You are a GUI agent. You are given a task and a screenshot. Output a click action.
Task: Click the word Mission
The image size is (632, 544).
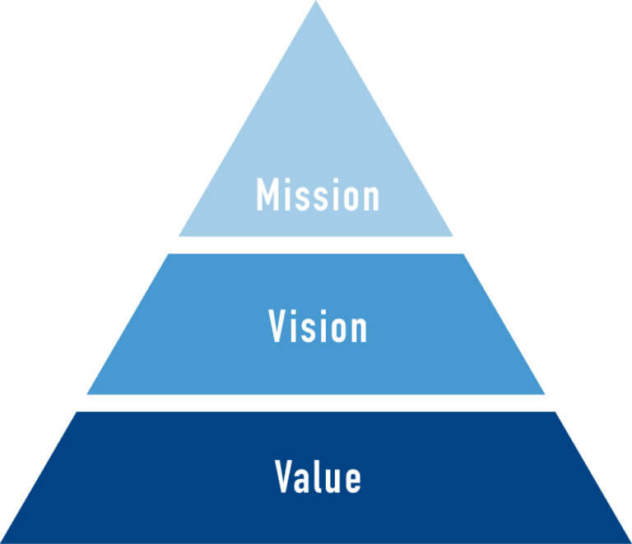pos(318,194)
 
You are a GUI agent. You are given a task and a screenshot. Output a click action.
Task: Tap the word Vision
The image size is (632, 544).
pos(318,326)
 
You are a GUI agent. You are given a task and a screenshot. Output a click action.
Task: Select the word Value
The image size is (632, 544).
pos(318,477)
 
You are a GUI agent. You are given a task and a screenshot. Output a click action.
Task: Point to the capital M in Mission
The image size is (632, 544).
pos(268,194)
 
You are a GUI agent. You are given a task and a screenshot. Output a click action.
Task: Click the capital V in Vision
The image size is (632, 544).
pos(277,326)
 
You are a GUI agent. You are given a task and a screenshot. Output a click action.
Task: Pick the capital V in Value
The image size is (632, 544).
pos(284,477)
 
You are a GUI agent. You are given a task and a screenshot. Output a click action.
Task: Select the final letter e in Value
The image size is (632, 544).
pos(353,481)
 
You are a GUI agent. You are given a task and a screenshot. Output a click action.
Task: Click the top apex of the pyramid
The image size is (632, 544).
pos(316,1)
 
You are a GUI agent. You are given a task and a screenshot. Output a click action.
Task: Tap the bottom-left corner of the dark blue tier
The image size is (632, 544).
pos(1,543)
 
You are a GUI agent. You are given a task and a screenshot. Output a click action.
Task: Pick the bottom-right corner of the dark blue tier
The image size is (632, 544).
pos(631,543)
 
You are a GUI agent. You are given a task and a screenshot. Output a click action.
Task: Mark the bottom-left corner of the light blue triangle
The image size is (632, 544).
pos(179,236)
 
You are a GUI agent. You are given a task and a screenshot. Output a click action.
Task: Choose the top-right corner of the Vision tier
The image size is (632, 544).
pos(462,254)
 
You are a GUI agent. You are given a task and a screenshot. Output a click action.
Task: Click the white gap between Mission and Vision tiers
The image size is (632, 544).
pos(316,245)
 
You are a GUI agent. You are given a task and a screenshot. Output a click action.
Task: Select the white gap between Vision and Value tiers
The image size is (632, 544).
pos(316,403)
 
